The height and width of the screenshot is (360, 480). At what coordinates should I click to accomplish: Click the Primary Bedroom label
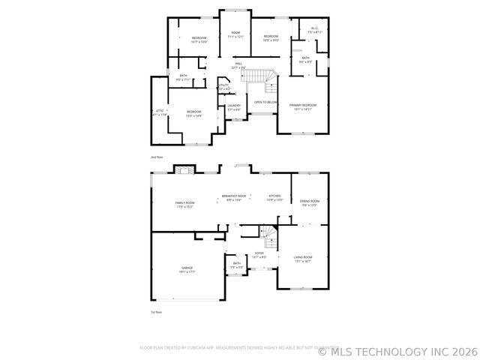click(303, 106)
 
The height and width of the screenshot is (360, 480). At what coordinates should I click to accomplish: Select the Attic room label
click(160, 113)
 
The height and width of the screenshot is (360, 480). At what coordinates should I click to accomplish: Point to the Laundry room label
click(234, 107)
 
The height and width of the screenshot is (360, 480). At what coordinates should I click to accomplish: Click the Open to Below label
click(265, 102)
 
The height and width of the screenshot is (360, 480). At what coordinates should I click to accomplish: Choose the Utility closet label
click(223, 87)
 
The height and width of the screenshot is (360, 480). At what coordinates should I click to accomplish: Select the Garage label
click(187, 269)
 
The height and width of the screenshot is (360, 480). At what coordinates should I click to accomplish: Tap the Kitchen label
click(274, 197)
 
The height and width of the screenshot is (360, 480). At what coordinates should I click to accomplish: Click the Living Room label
click(303, 259)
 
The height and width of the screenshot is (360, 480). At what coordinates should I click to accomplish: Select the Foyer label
click(259, 255)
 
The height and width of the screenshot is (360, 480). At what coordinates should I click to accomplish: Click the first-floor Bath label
click(236, 265)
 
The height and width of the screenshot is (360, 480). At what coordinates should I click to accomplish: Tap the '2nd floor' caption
click(157, 157)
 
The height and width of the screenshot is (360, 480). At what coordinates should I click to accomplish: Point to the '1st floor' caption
click(156, 312)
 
